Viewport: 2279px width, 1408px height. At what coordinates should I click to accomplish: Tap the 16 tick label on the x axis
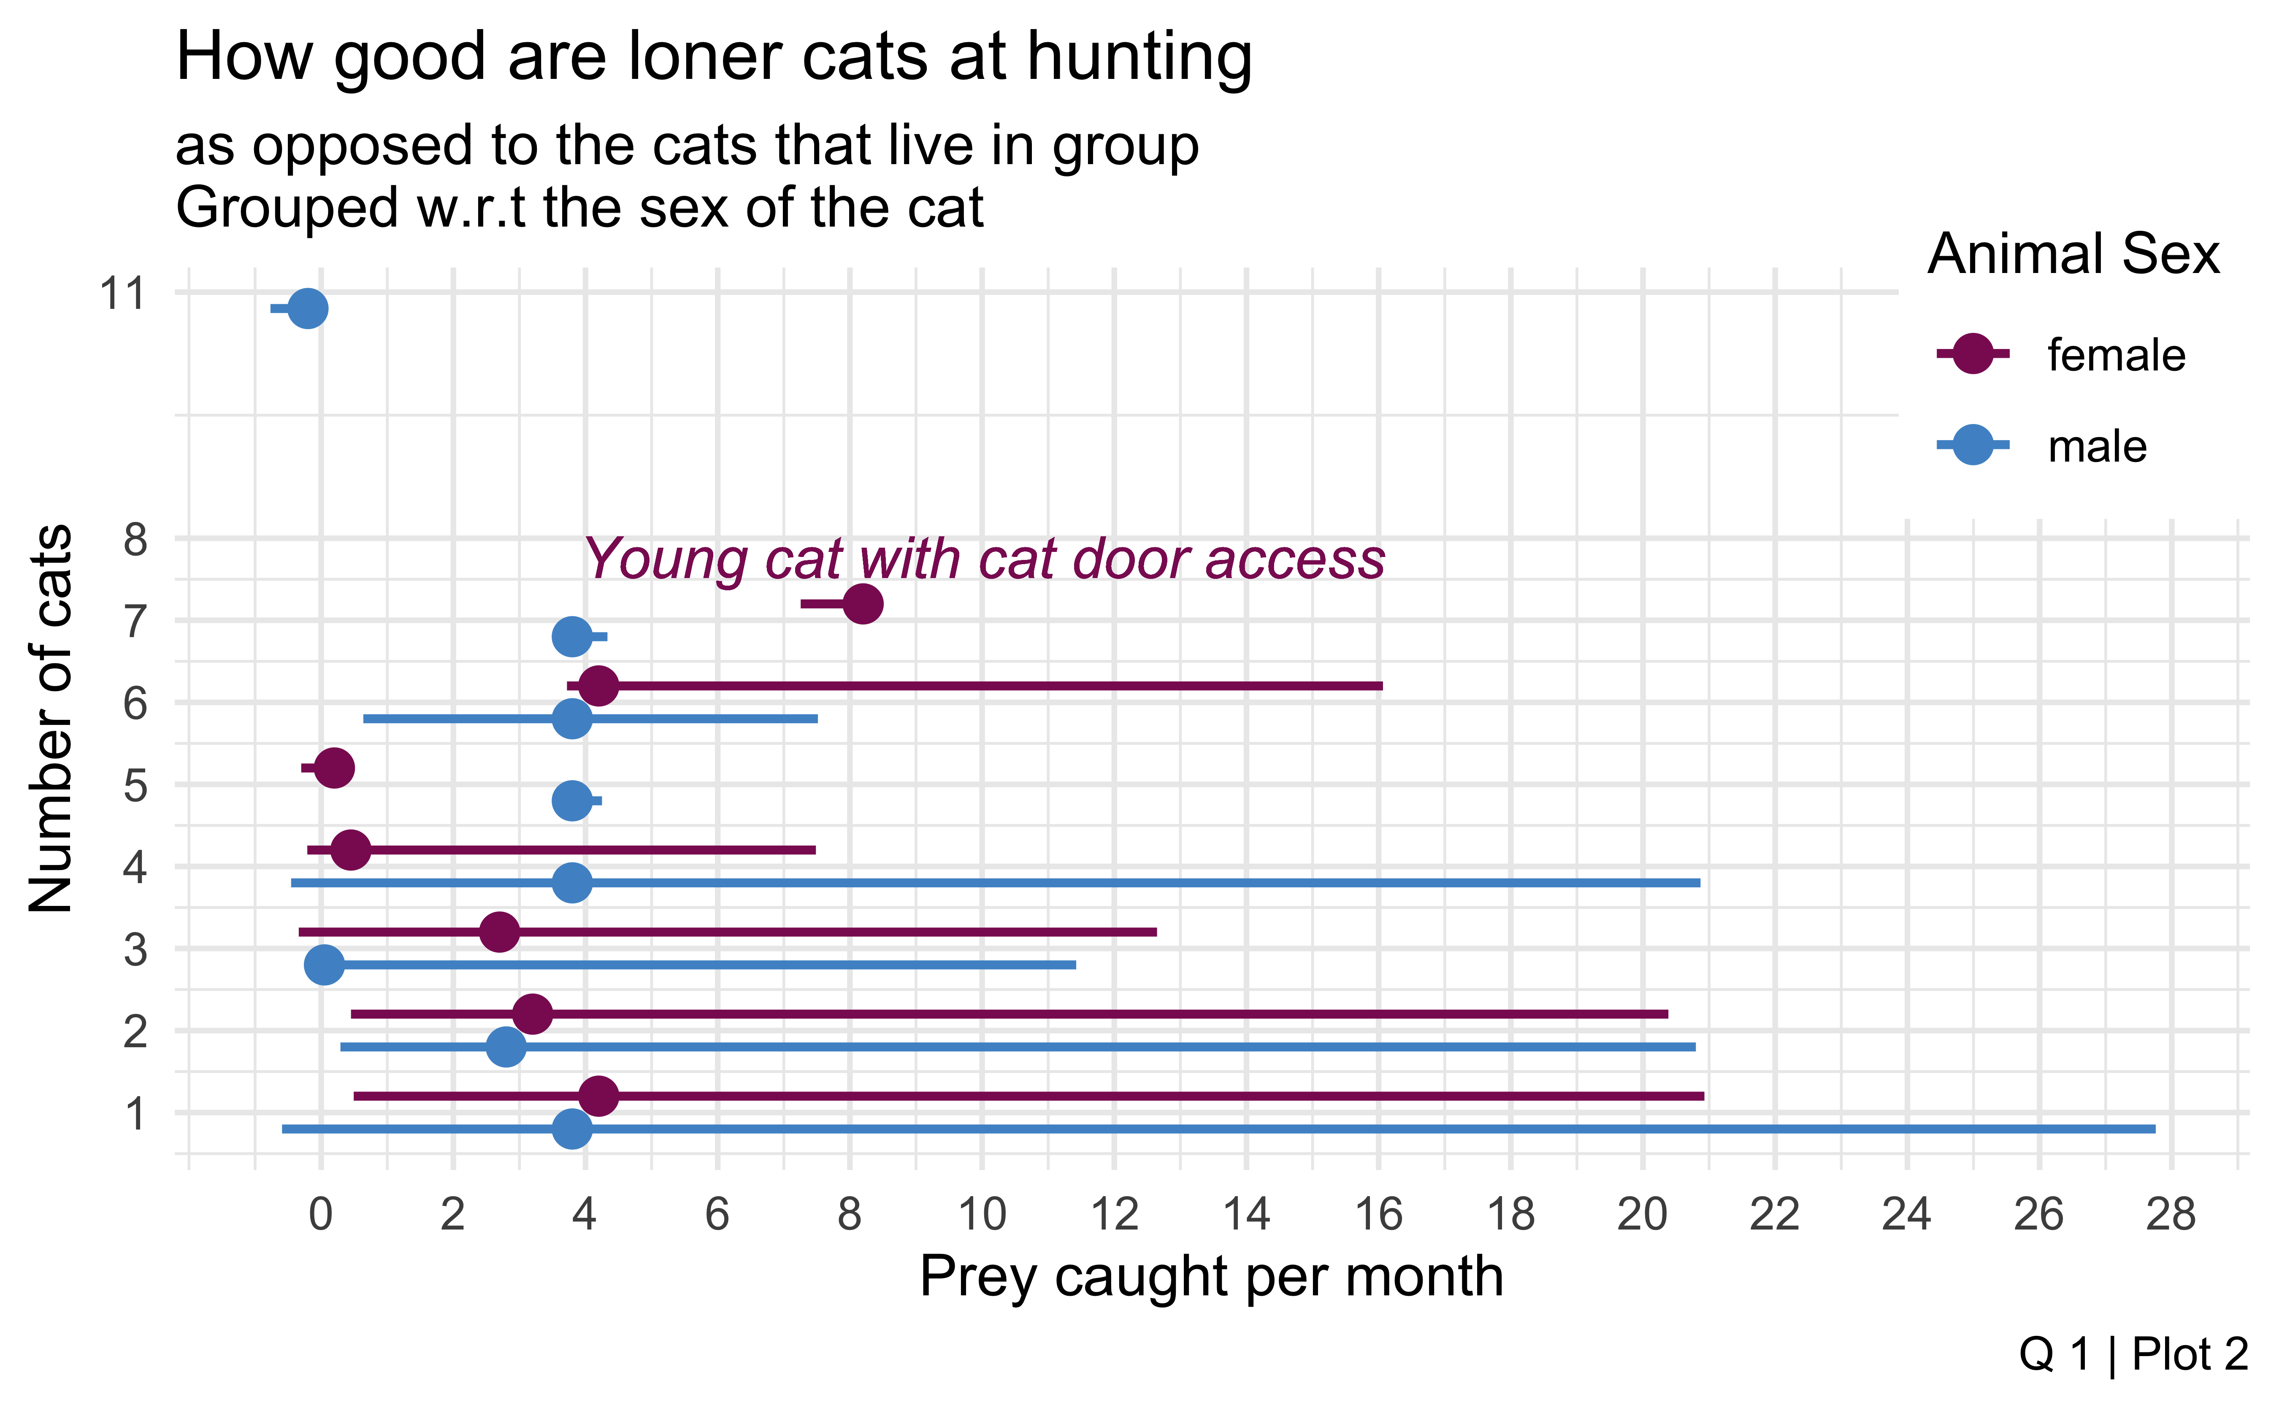coord(1378,1214)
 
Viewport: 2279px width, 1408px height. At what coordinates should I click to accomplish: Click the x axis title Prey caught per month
coord(1211,1277)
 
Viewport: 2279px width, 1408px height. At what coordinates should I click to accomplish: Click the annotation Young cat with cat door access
coord(985,559)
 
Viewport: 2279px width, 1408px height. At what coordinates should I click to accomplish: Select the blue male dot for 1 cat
coord(572,1129)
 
